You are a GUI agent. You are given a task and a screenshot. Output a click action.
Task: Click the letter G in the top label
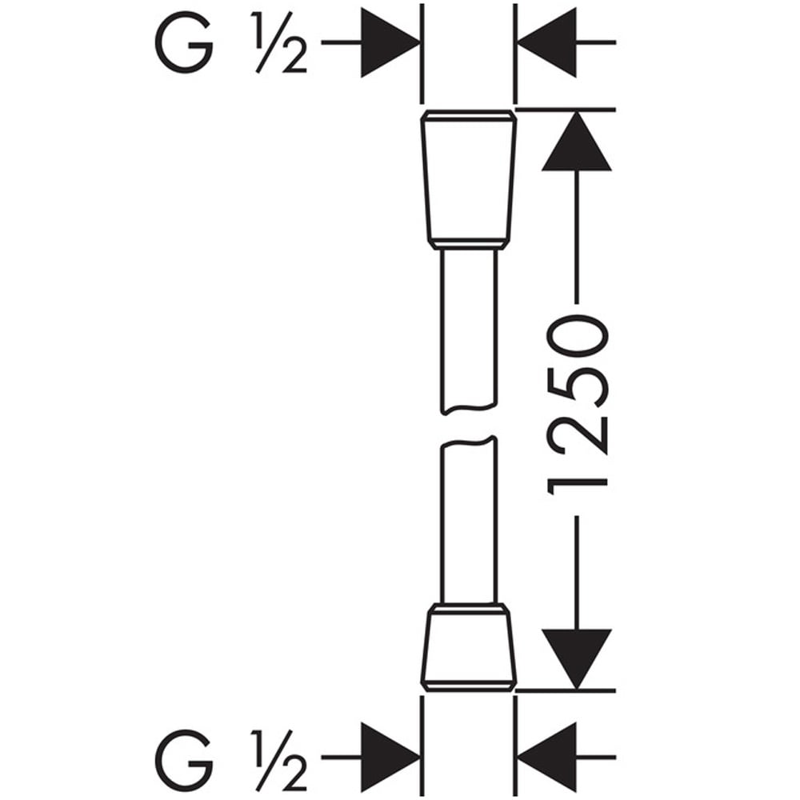point(184,43)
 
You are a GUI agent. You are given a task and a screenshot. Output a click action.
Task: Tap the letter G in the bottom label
point(184,760)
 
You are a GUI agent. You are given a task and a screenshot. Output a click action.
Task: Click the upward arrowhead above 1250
point(577,141)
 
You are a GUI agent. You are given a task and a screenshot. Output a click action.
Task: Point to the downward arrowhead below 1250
point(577,659)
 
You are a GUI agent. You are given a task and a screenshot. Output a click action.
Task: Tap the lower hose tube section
point(468,521)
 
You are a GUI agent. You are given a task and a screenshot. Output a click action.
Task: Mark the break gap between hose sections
point(468,426)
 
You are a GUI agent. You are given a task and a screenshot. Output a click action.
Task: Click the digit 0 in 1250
point(578,337)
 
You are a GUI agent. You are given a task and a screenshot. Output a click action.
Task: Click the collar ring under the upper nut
point(468,245)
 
